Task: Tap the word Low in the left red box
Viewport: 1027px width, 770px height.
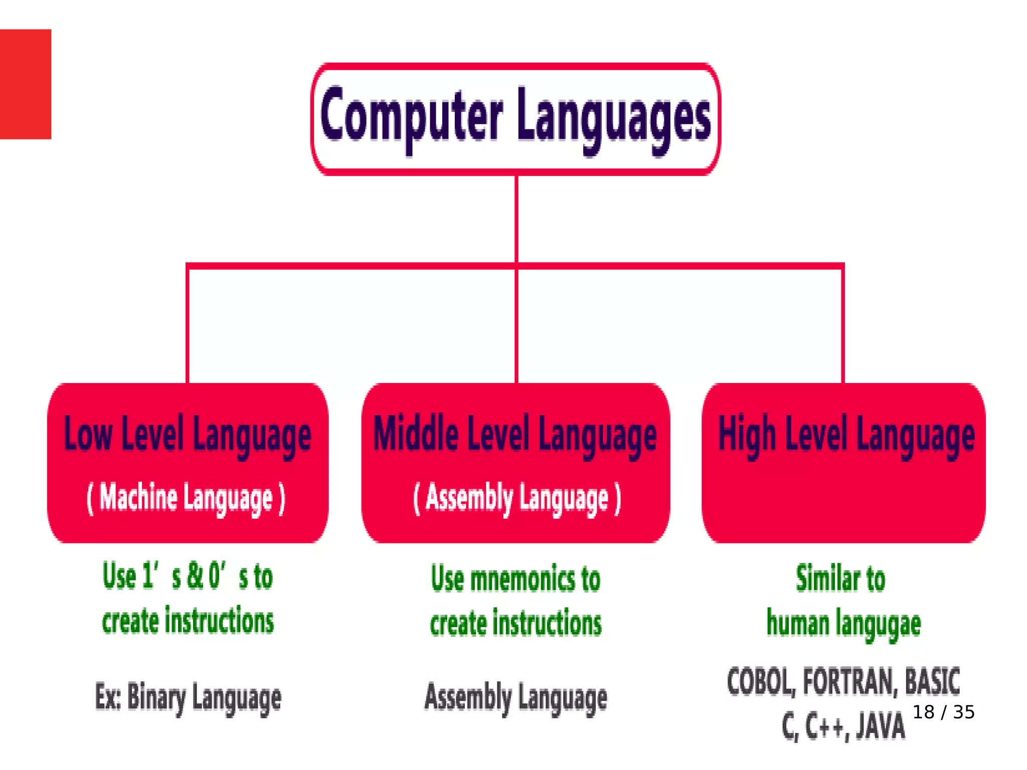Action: coord(88,434)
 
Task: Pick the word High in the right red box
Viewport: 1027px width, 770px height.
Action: coord(747,434)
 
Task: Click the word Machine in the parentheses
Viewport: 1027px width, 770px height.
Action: coord(138,497)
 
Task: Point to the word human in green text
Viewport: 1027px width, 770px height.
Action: coord(798,623)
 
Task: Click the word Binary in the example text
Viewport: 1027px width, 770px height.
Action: coord(156,697)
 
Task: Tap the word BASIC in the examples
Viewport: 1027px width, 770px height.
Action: coord(932,682)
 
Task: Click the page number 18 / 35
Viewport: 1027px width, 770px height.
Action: coord(943,712)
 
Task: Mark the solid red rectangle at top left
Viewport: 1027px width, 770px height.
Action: coord(26,84)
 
